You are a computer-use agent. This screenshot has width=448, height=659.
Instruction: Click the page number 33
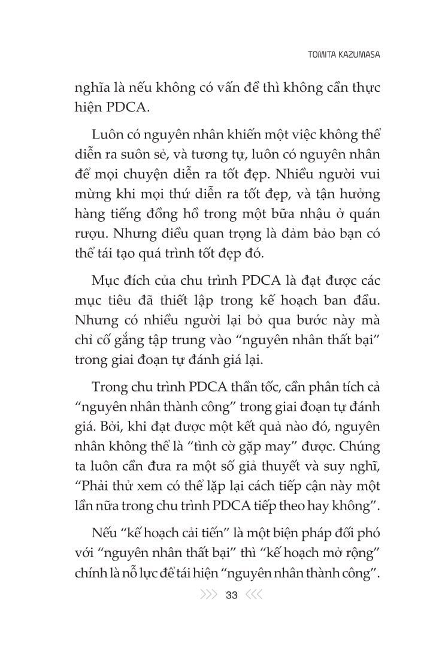point(231,595)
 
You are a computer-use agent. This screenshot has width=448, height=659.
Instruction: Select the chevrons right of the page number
point(254,595)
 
